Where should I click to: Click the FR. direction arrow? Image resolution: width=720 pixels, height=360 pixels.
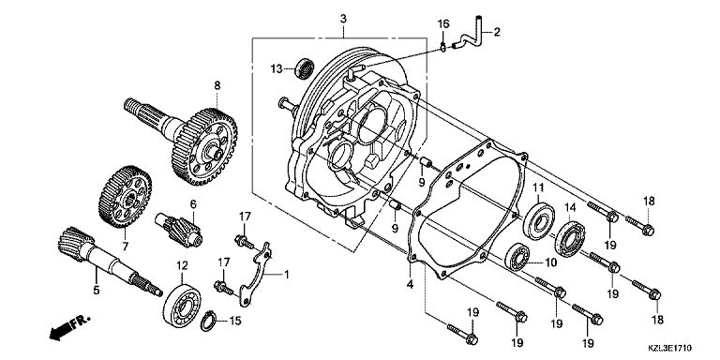pos(68,327)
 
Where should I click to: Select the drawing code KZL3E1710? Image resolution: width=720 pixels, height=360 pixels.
pos(670,349)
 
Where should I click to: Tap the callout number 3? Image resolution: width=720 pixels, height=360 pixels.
pos(343,19)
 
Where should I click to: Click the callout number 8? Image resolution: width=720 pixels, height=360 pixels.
pos(217,85)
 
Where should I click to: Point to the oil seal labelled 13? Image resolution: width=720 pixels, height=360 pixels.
pos(304,67)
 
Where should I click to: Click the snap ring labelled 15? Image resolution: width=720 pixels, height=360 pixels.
pos(208,322)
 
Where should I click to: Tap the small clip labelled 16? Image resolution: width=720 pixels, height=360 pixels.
pos(442,47)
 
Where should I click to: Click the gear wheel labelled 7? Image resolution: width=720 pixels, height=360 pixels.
pos(125,197)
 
